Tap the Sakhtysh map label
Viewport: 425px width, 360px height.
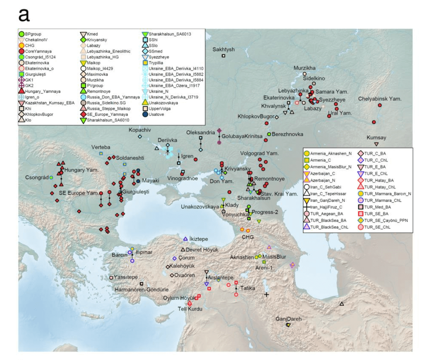click(x=224, y=50)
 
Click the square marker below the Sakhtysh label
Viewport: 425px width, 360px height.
click(x=224, y=56)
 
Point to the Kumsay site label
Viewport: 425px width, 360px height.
click(x=377, y=138)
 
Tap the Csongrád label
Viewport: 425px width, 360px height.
click(x=37, y=177)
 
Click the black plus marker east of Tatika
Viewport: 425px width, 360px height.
click(x=266, y=294)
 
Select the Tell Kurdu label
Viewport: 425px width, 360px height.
click(x=190, y=309)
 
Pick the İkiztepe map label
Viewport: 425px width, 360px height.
click(x=198, y=239)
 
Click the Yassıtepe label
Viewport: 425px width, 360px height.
click(x=125, y=277)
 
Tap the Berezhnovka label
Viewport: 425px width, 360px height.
click(x=287, y=134)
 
